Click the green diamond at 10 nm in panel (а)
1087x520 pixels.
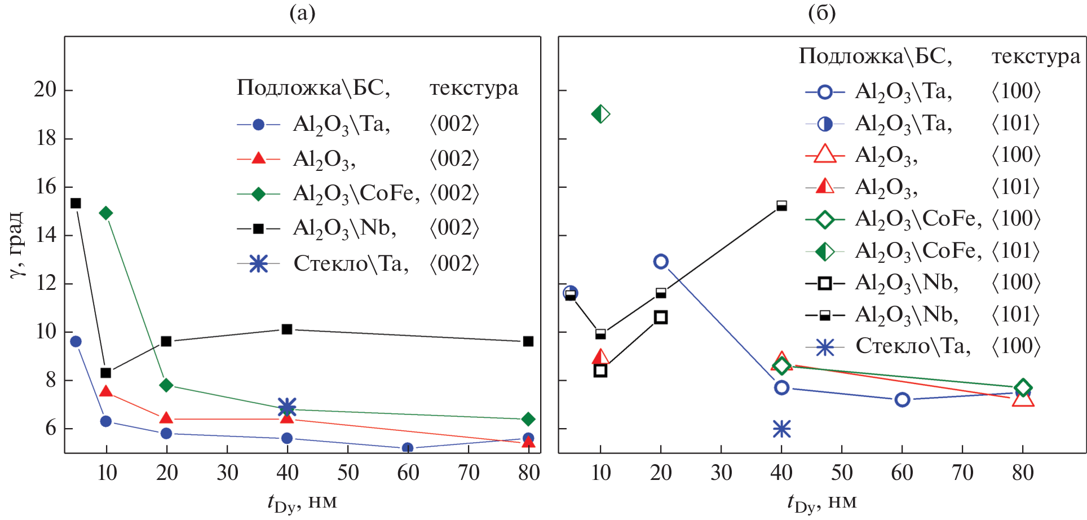click(105, 213)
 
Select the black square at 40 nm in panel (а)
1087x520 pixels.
click(287, 329)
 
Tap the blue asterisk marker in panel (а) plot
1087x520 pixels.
click(287, 407)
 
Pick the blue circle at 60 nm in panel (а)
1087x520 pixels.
click(408, 448)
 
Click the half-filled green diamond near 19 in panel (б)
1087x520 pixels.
click(600, 114)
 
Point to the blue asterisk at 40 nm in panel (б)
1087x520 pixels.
click(781, 429)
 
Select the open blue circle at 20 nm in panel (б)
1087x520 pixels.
click(661, 261)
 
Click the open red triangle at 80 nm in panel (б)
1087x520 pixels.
click(1023, 399)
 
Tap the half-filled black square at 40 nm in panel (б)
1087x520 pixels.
click(781, 206)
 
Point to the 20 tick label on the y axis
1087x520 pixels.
click(45, 89)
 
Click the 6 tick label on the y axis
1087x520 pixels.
click(51, 428)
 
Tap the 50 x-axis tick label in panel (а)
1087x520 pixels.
click(348, 473)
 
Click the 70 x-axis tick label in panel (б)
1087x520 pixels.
click(962, 473)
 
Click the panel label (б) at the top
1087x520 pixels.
click(821, 12)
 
